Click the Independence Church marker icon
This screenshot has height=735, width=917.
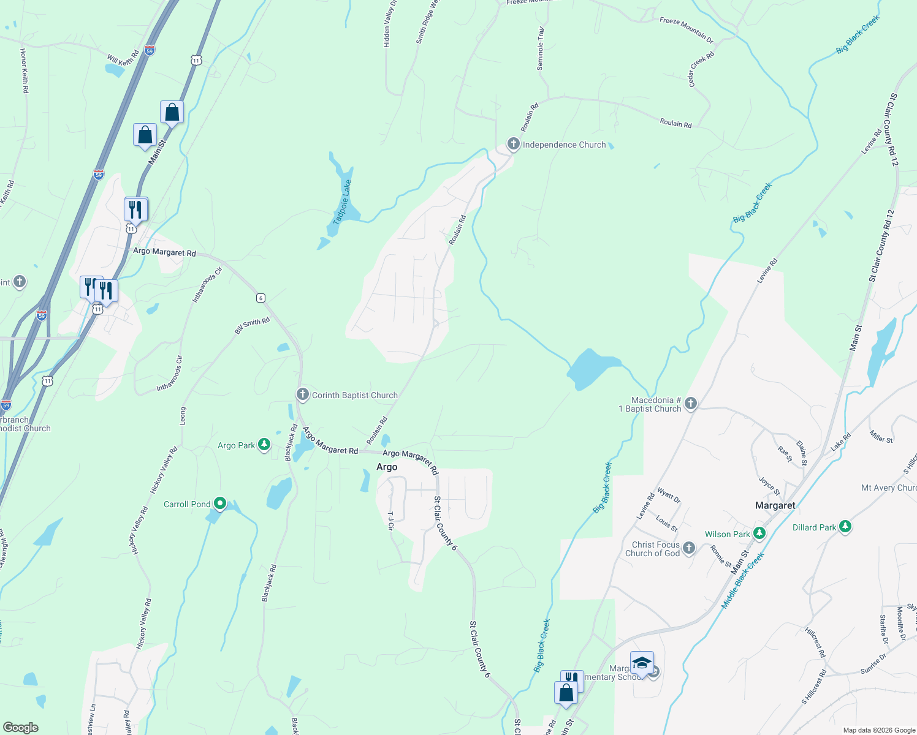pyautogui.click(x=513, y=145)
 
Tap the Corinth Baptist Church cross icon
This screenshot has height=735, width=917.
pyautogui.click(x=302, y=394)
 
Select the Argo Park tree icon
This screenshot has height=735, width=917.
pyautogui.click(x=264, y=445)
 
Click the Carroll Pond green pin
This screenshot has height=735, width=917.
pyautogui.click(x=220, y=503)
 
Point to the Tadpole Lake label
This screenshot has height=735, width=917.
pyautogui.click(x=342, y=202)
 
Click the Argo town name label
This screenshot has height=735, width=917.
pyautogui.click(x=387, y=467)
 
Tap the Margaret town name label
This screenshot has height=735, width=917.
pyautogui.click(x=775, y=505)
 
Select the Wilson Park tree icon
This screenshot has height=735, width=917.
pyautogui.click(x=759, y=533)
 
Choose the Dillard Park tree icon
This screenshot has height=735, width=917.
pyautogui.click(x=845, y=527)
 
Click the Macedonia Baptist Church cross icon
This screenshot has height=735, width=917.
pyautogui.click(x=691, y=404)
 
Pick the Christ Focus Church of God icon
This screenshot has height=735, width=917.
pyautogui.click(x=689, y=548)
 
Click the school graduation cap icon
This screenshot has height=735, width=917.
pyautogui.click(x=642, y=663)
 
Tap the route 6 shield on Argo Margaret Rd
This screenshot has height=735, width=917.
pyautogui.click(x=261, y=298)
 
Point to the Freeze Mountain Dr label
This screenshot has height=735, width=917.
pyautogui.click(x=687, y=29)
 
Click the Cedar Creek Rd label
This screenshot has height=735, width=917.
pyautogui.click(x=701, y=69)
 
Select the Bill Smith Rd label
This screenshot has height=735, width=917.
pyautogui.click(x=252, y=326)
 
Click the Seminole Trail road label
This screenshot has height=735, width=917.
pyautogui.click(x=541, y=48)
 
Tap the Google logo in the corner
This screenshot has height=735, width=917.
pyautogui.click(x=21, y=727)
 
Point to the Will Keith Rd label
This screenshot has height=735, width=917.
pyautogui.click(x=123, y=59)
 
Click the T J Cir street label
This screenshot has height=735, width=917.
pyautogui.click(x=390, y=521)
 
